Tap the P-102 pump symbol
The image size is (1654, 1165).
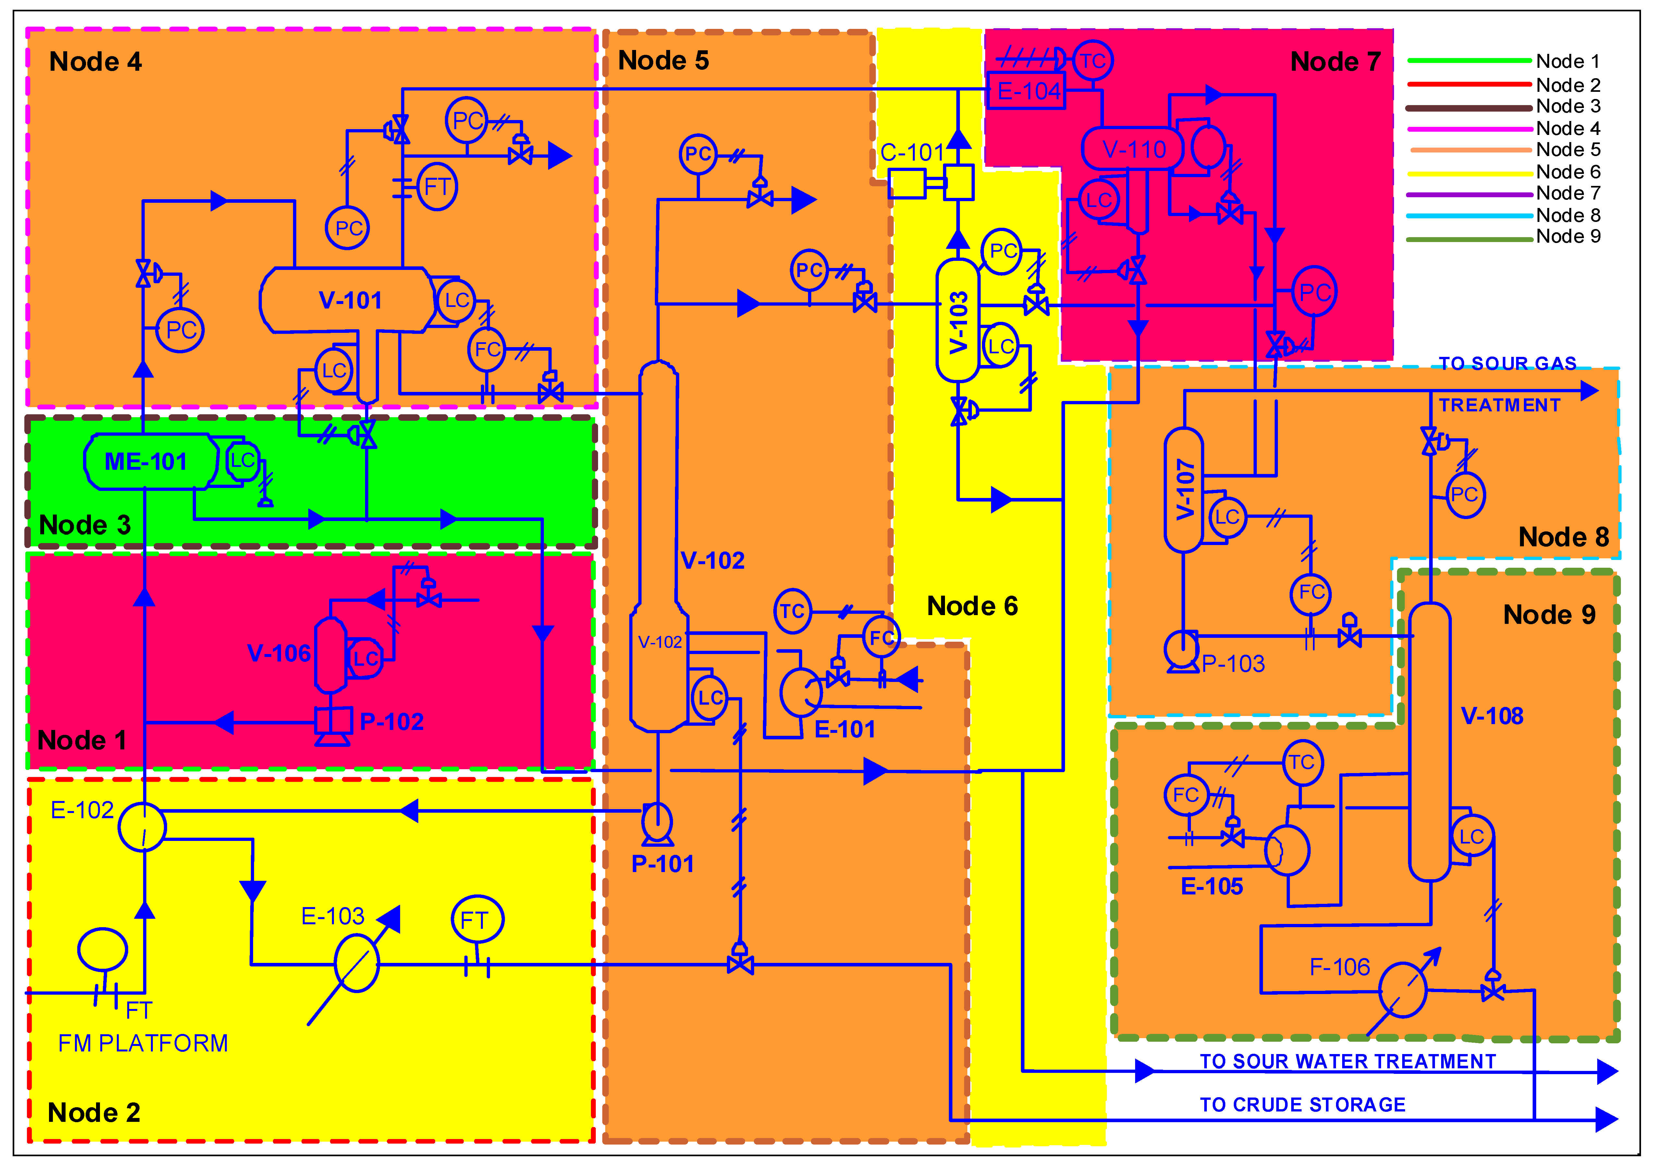click(333, 724)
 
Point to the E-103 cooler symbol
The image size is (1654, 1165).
click(357, 964)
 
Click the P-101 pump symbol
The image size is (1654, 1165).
click(657, 824)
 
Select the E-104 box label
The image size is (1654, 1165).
click(1027, 91)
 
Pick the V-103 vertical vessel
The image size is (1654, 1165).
click(957, 321)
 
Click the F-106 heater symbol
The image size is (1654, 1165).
click(1402, 990)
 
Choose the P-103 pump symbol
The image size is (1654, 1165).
click(1182, 650)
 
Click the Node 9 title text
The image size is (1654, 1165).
click(1549, 615)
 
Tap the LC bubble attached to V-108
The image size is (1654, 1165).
click(1471, 836)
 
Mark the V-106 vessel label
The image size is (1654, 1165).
click(279, 653)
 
